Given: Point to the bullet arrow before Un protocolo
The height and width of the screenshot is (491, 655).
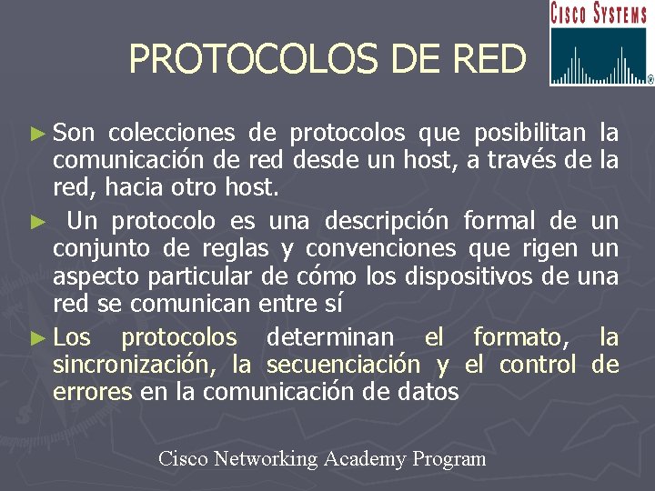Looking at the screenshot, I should pos(36,222).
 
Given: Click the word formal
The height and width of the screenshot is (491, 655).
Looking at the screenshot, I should pos(500,221).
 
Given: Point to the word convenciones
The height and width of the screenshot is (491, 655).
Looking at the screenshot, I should pos(381,248).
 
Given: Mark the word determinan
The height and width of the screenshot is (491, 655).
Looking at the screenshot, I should pos(330,337).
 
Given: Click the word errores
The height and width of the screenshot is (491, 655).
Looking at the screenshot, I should pos(92,392).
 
